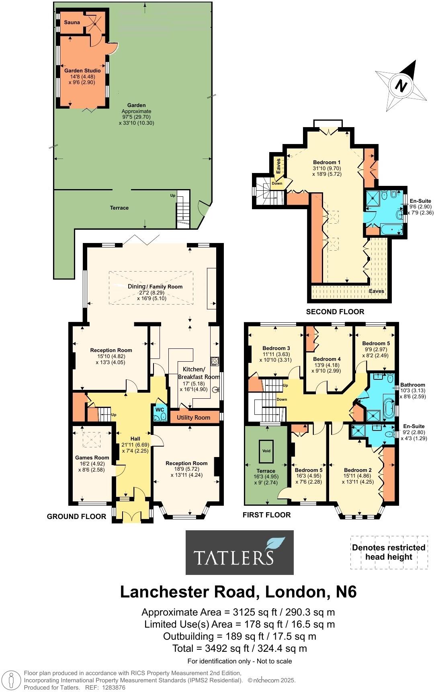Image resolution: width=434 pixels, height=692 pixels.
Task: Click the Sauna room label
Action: pos(72,23)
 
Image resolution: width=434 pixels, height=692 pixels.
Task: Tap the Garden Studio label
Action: pos(82,70)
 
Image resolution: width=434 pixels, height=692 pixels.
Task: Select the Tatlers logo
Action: pos(240,552)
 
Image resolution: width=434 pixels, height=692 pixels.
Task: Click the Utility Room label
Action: pos(193,418)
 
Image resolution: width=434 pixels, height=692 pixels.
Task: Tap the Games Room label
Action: pos(92,457)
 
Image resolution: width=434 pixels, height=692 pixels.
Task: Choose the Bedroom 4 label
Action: pos(327,359)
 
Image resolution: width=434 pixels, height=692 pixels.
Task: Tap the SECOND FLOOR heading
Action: pos(335,312)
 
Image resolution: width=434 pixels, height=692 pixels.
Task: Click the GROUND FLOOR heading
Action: pos(76,517)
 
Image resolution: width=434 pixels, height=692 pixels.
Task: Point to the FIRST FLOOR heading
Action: pos(266,515)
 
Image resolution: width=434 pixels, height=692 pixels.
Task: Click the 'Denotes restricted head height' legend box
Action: pos(388,552)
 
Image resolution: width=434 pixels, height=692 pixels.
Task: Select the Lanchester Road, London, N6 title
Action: pos(238,592)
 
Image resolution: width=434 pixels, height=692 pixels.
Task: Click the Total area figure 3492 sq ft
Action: pos(240,648)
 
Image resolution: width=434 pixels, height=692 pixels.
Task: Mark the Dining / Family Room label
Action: pos(155,286)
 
